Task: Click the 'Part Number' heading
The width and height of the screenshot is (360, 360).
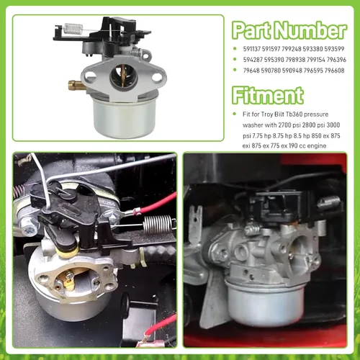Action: tap(289, 30)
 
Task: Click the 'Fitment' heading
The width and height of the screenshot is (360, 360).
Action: tap(268, 96)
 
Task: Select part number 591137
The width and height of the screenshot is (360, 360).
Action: tap(252, 49)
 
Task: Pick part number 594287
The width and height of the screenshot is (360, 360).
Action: tap(253, 60)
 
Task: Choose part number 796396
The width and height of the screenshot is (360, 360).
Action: tap(337, 60)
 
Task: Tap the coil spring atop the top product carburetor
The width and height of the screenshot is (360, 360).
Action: tap(73, 28)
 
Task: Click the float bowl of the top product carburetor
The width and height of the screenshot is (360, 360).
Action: tap(122, 117)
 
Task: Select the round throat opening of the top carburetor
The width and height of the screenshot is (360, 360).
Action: tap(122, 76)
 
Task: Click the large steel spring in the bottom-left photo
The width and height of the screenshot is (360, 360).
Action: tap(157, 224)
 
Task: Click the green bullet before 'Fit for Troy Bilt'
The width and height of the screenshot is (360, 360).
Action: tap(235, 114)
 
